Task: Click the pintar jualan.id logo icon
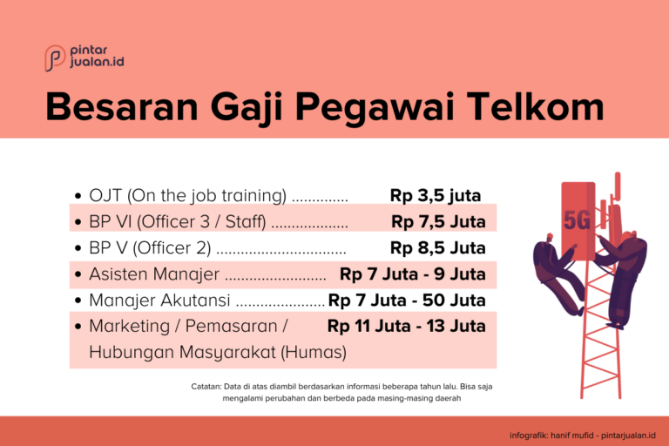click(54, 57)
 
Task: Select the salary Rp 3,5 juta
click(436, 195)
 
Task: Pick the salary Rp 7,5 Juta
click(438, 221)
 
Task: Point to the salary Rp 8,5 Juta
click(438, 247)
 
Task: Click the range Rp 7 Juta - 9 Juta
click(413, 274)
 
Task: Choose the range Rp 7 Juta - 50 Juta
click(407, 301)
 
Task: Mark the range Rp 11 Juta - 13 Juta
click(407, 327)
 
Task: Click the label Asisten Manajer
click(154, 274)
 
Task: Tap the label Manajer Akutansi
click(159, 301)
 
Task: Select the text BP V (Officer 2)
click(149, 248)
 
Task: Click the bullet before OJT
click(79, 196)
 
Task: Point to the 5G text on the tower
click(577, 220)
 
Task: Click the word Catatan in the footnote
click(206, 386)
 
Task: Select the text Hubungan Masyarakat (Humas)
click(218, 353)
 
